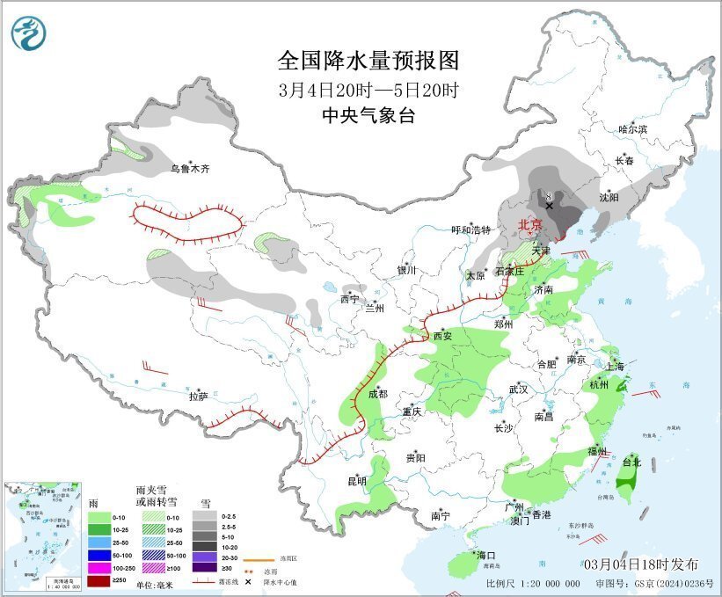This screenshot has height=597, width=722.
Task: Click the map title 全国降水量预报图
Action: (368, 61)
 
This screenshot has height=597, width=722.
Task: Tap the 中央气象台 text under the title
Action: (368, 115)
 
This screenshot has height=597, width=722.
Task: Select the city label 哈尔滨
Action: (632, 129)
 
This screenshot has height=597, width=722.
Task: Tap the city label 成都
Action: (378, 394)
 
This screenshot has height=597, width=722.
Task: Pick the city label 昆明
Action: (356, 481)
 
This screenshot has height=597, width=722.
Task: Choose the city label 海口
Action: (486, 555)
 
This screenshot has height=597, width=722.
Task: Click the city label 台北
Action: (631, 462)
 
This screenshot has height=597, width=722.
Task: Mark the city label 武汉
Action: (518, 389)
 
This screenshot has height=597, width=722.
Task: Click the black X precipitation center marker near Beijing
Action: (550, 206)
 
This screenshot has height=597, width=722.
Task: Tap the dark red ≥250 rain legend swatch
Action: (98, 581)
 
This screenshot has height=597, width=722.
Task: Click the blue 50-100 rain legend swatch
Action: (98, 556)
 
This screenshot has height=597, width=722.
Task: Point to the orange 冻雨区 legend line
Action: (256, 559)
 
